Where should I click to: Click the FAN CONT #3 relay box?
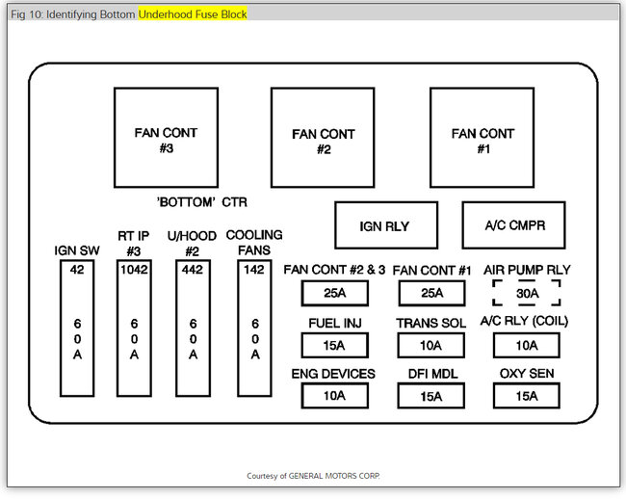[167, 138]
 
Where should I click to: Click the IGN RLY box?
[385, 225]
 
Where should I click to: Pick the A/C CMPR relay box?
[512, 225]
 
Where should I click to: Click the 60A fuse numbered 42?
[77, 328]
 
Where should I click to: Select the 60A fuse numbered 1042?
[134, 328]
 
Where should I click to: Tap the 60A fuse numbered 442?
[194, 328]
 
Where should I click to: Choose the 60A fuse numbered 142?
[254, 328]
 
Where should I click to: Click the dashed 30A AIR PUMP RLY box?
[527, 293]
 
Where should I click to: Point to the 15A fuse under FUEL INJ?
[334, 345]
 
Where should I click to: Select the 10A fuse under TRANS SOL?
[430, 345]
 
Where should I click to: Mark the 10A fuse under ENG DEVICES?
[334, 395]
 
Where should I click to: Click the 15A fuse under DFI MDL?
[430, 395]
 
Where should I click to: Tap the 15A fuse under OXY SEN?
[527, 395]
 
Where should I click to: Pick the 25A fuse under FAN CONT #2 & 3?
[334, 293]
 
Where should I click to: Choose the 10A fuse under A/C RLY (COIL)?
[527, 345]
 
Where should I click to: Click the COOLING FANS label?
[254, 243]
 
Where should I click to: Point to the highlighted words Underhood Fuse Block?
[193, 14]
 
